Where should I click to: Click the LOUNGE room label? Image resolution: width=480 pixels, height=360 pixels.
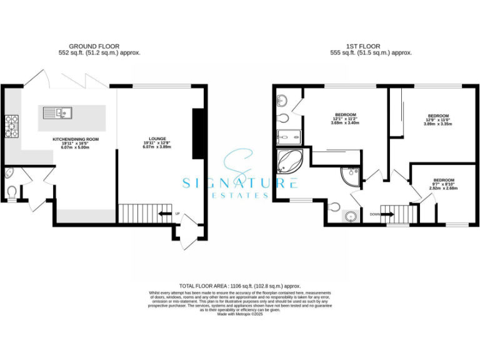coord(156,142)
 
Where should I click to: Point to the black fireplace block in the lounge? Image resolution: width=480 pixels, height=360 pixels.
coord(197,134)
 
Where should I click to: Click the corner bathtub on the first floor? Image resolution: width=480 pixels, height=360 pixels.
coord(289,161)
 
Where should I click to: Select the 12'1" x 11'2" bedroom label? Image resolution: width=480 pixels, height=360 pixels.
coord(345,119)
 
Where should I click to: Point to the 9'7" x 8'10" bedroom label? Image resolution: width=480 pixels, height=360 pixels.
coord(444,183)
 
